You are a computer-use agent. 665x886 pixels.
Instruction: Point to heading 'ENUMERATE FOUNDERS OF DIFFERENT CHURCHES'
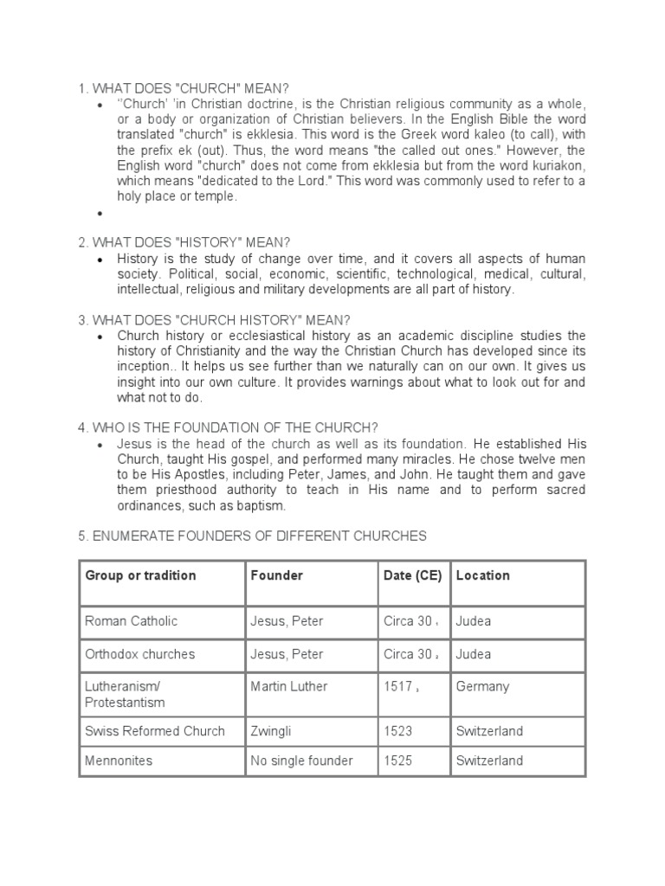(x=252, y=536)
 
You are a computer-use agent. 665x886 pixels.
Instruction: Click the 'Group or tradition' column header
(x=139, y=575)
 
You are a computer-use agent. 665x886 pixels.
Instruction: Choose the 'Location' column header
(x=482, y=575)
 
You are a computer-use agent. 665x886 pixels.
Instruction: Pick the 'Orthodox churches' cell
(x=139, y=654)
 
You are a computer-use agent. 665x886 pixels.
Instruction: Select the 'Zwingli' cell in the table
(x=271, y=731)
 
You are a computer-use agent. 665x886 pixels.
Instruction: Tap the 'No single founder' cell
(x=301, y=761)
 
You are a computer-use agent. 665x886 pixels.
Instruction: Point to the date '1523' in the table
(x=398, y=731)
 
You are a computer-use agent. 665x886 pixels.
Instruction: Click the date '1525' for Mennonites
(x=398, y=761)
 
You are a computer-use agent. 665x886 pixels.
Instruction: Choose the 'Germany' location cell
(x=482, y=687)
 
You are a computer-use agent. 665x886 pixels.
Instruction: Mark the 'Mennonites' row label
(x=119, y=761)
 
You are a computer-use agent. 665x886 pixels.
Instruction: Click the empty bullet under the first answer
(x=101, y=213)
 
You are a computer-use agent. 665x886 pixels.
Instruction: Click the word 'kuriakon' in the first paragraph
(x=555, y=166)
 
